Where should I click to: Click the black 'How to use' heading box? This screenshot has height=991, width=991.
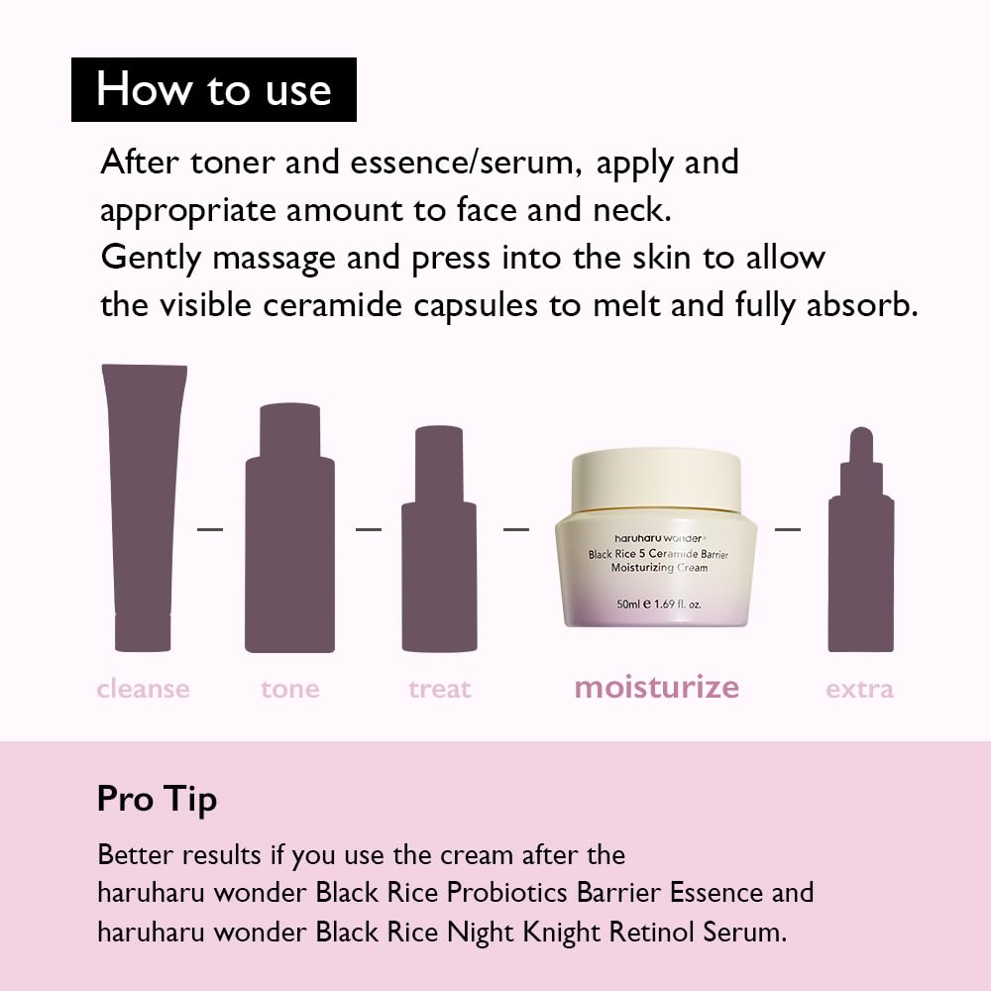213,89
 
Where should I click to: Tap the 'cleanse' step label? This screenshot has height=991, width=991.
143,689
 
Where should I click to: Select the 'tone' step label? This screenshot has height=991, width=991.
290,689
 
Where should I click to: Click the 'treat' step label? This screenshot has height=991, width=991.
439,689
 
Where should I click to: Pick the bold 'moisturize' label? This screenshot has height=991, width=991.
656,687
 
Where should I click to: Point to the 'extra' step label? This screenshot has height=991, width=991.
859,689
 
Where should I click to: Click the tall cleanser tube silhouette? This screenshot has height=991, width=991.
144,505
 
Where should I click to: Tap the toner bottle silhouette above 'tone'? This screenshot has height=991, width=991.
289,535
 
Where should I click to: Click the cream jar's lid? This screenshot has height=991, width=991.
655,480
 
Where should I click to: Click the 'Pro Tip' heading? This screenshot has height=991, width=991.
157,799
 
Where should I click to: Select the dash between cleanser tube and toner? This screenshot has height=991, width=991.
210,529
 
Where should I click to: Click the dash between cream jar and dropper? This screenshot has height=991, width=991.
787,529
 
